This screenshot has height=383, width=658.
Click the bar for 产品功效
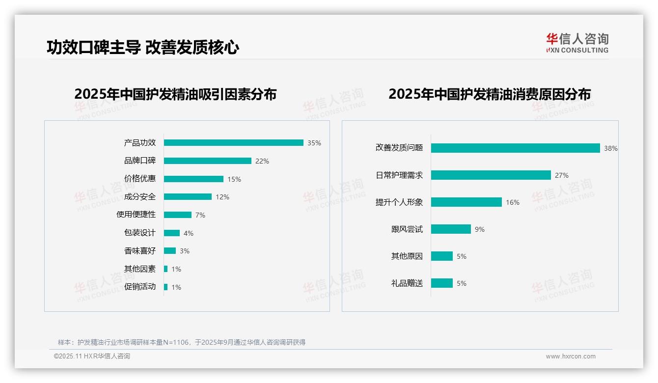(x=233, y=143)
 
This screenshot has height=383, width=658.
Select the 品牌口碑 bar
(x=207, y=161)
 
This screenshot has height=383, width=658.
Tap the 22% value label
(x=262, y=161)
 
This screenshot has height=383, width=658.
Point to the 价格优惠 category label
(x=140, y=179)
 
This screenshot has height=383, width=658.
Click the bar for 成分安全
(x=188, y=197)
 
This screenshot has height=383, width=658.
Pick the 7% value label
(x=200, y=215)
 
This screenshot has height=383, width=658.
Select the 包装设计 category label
(x=140, y=233)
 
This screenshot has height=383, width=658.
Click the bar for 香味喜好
(x=169, y=251)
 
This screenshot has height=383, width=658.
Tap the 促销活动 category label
(x=140, y=287)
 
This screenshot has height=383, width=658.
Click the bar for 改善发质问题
(x=515, y=148)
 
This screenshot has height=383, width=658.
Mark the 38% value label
(x=610, y=148)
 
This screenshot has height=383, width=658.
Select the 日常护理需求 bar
(x=491, y=175)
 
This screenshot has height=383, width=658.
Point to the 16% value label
(x=512, y=202)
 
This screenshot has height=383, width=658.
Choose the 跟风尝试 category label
(x=407, y=229)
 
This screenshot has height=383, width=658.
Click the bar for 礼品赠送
(x=441, y=283)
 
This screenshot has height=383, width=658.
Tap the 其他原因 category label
(x=407, y=256)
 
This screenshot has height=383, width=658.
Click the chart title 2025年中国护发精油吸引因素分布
(x=175, y=94)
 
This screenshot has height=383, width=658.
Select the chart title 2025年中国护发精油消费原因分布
(x=489, y=94)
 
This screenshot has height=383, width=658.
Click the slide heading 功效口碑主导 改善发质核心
(x=143, y=48)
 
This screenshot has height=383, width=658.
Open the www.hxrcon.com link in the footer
(x=570, y=356)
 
